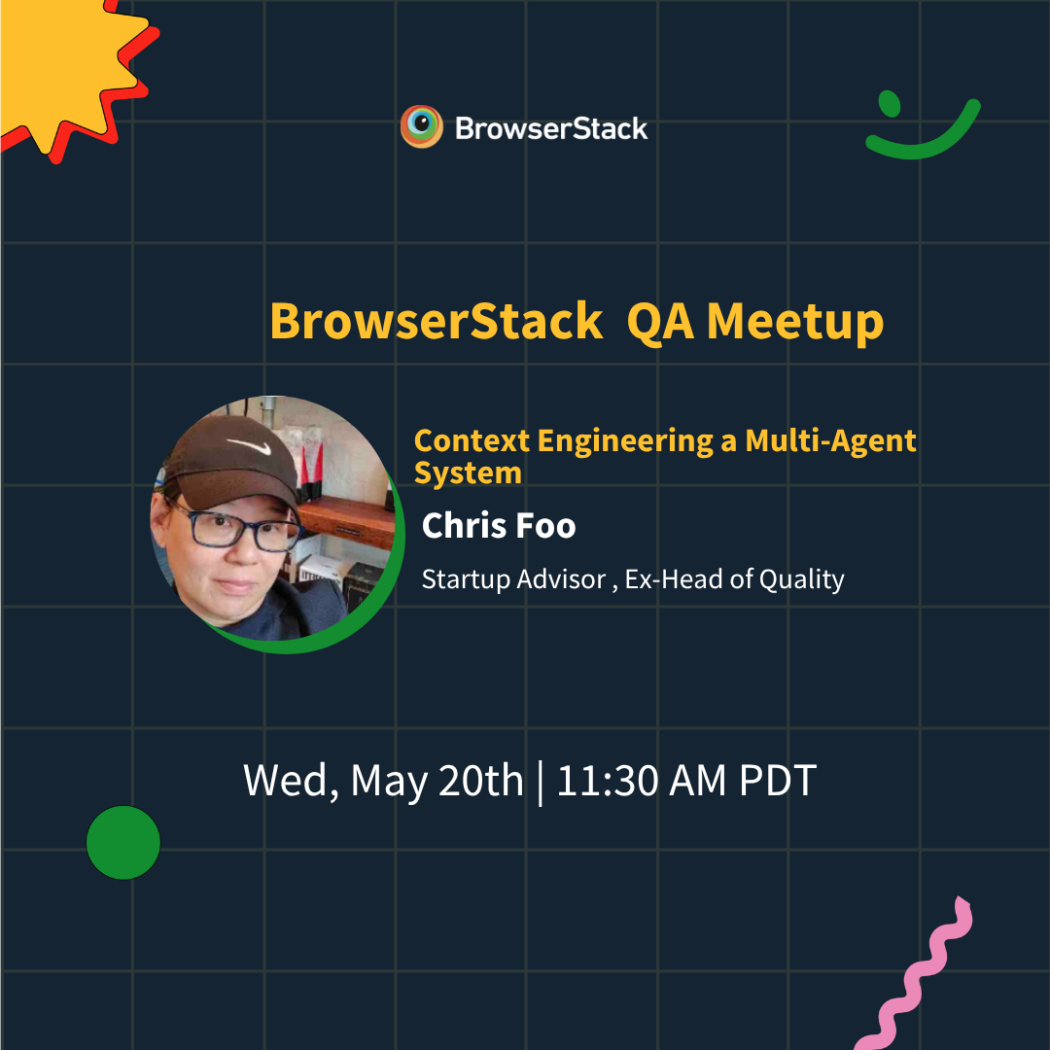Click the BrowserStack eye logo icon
[x=422, y=125]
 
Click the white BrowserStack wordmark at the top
[x=551, y=128]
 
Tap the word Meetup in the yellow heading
[x=795, y=323]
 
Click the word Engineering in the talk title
[x=625, y=440]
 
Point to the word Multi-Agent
[x=830, y=440]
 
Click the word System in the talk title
[x=468, y=473]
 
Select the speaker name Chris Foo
[x=498, y=525]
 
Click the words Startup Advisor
[x=513, y=579]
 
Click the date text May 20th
[x=437, y=782]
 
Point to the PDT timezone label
[x=778, y=780]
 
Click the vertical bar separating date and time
[x=540, y=782]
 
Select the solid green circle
[x=123, y=842]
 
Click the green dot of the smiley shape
[x=890, y=104]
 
